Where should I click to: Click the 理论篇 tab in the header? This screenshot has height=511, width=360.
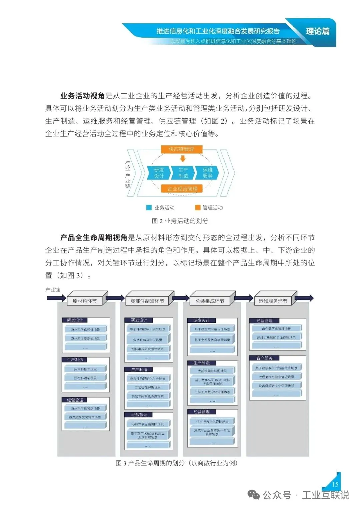tap(318, 31)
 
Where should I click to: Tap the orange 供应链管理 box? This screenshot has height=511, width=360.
tap(181, 149)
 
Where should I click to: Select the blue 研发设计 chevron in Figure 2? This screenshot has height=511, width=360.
tap(159, 173)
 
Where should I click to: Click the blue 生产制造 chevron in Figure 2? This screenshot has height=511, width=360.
tap(183, 173)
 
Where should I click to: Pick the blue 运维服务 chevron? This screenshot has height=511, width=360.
tap(207, 173)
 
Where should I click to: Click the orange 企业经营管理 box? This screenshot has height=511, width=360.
tap(182, 189)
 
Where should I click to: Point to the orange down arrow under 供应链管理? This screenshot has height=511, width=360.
tap(183, 159)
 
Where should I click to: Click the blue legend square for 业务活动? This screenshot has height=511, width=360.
tap(149, 208)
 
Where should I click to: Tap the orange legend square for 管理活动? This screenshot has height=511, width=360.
tap(198, 208)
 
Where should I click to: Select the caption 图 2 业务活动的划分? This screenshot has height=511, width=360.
tap(180, 221)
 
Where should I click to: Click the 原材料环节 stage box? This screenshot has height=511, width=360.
tap(85, 301)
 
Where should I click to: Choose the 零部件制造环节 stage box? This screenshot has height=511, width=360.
tap(147, 301)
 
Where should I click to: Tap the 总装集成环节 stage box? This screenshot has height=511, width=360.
tap(210, 301)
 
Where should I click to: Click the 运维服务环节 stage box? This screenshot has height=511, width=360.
tap(273, 301)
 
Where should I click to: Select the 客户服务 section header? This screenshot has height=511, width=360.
tap(265, 358)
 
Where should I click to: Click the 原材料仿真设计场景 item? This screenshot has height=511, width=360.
tap(85, 329)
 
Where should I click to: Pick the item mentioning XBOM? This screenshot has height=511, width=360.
tap(148, 435)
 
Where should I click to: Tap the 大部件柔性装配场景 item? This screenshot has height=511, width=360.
tap(212, 371)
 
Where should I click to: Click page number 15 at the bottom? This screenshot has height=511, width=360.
tap(335, 484)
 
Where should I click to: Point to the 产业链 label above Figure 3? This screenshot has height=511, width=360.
tap(53, 290)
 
